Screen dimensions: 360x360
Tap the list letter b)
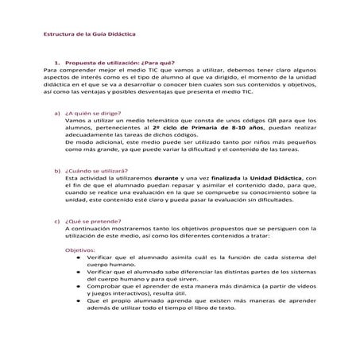57,171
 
